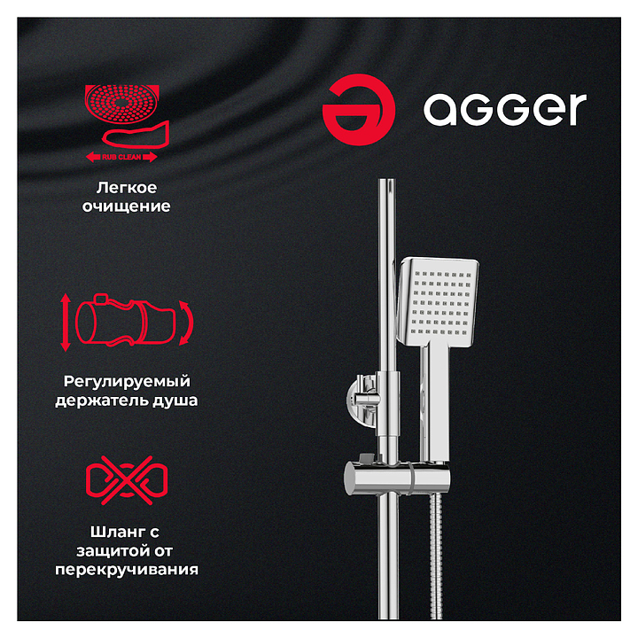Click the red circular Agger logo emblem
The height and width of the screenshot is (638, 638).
pos(359,110)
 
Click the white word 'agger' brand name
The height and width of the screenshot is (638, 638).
pos(505,110)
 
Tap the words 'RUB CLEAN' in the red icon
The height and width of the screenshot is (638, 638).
pos(121,157)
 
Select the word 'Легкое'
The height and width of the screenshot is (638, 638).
pos(127,188)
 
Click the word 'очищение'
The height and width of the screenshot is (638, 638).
pos(126,206)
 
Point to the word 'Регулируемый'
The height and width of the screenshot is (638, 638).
pos(127,382)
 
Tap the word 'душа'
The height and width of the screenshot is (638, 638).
pos(175,401)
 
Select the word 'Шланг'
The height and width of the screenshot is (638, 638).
pos(114,532)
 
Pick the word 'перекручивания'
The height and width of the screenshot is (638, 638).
pos(127,570)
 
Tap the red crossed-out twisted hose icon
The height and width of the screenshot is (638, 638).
pos(127,480)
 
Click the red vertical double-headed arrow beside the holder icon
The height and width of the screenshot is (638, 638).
pos(65,323)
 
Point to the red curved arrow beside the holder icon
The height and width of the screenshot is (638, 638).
pos(188,323)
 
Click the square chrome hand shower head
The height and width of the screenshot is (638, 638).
pos(438,301)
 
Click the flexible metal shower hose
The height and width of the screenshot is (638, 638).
pos(436,556)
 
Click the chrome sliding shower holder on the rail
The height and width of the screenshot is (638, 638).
pos(397,478)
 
